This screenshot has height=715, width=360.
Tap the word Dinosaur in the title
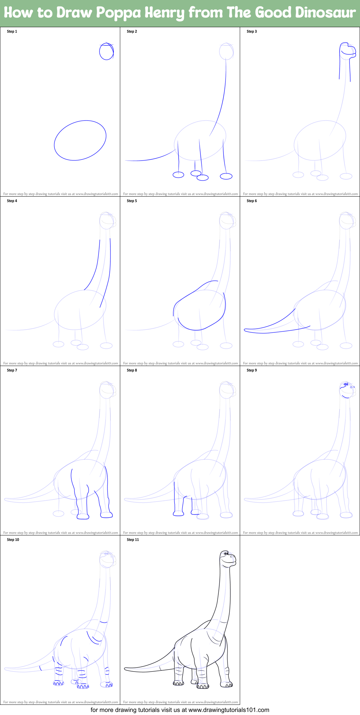coord(325,13)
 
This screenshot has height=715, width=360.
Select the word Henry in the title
coord(164,13)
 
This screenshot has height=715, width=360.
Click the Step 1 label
coord(12,32)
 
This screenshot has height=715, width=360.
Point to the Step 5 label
coord(132,201)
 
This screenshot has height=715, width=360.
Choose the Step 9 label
coord(252,370)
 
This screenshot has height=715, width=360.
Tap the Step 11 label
coord(133,540)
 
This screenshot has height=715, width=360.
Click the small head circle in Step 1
coord(106,51)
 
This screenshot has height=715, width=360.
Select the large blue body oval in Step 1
coord(80,140)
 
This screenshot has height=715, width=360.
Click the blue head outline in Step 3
coord(347,49)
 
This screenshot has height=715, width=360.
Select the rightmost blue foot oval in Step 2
coord(226,176)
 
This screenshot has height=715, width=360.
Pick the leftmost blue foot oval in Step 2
coord(178,175)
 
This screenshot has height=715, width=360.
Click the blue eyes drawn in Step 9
coord(346,384)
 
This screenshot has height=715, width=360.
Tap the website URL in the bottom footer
coord(229,710)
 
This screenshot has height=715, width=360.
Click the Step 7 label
coord(12,370)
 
